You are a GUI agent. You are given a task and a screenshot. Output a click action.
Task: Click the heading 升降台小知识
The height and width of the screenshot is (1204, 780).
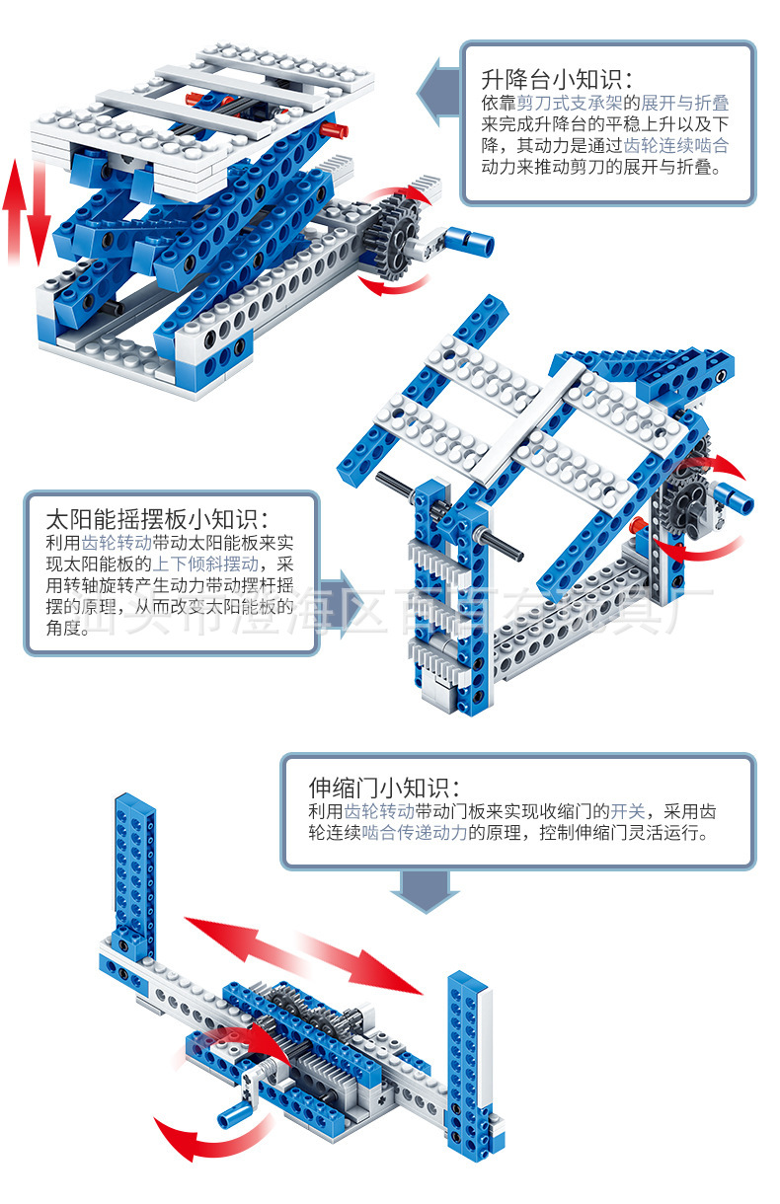pos(556,79)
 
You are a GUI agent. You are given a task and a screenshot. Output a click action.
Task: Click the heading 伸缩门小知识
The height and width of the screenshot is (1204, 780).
pos(384,787)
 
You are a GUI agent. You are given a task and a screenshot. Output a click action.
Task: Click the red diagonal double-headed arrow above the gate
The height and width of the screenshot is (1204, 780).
pos(302,954)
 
